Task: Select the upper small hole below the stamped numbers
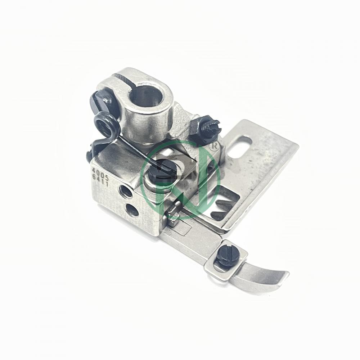pos(126,192)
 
